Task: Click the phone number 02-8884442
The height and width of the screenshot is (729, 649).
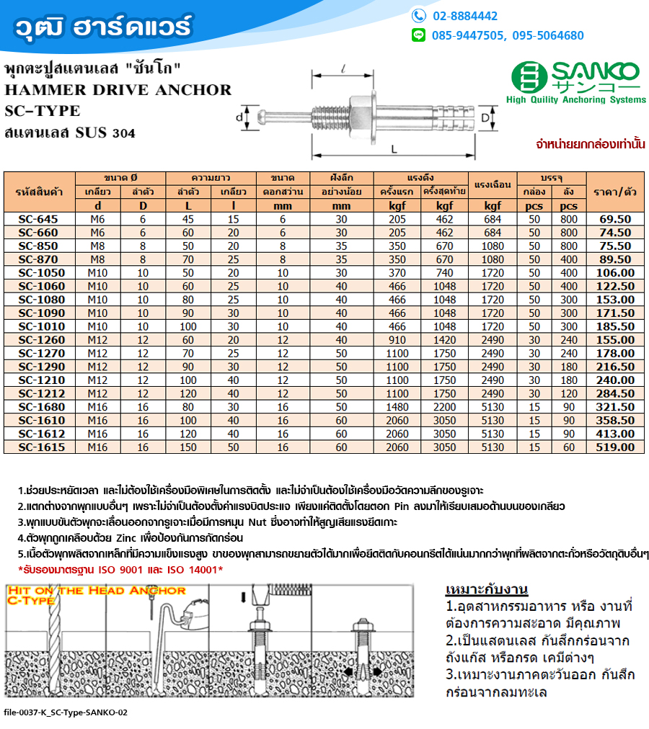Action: tap(464, 16)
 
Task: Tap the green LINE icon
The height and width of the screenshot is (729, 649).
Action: tap(418, 35)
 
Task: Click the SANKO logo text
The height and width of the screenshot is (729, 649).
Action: tap(596, 72)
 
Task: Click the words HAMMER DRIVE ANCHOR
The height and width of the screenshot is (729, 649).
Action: tap(118, 90)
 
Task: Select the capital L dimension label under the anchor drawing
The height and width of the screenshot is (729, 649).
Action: tap(393, 149)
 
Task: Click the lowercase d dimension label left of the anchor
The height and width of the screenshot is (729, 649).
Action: tap(239, 116)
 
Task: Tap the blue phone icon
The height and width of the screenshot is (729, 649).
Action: tap(418, 16)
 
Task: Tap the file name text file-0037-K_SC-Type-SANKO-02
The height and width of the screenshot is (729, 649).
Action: tap(66, 712)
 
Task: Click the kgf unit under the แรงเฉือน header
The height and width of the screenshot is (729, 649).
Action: tap(493, 206)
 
